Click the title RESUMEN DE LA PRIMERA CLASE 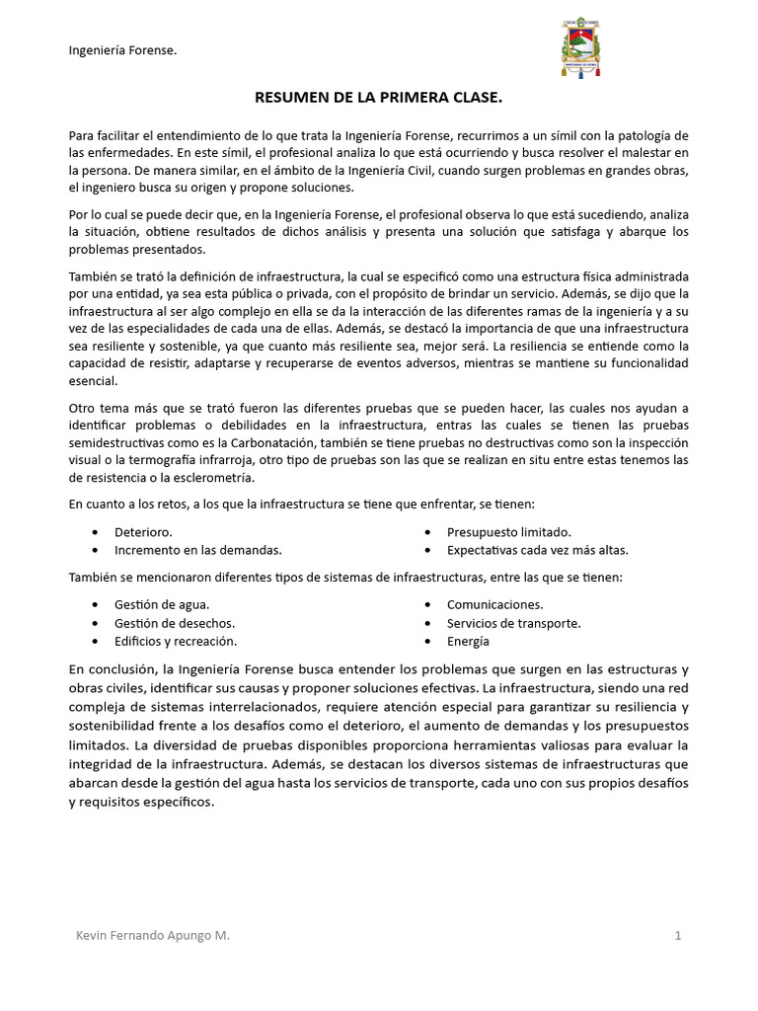pos(379,98)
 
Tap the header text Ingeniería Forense pos(122,50)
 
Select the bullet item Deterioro pos(143,532)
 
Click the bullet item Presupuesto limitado pos(508,532)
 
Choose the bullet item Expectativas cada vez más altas pos(537,550)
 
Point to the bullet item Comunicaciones pos(494,604)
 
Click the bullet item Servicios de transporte pos(513,623)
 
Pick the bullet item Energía pos(468,642)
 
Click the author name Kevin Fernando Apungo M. pos(153,935)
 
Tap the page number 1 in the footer pos(678,935)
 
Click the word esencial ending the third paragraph pos(93,382)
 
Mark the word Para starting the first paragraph pos(82,134)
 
